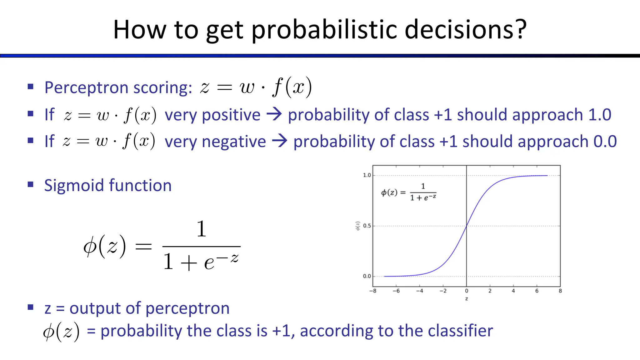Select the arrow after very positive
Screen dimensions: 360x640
pyautogui.click(x=274, y=114)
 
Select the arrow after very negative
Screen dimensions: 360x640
pyautogui.click(x=279, y=141)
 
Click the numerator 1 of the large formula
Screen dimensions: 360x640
pyautogui.click(x=201, y=229)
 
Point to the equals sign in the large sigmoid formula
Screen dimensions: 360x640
pyautogui.click(x=143, y=247)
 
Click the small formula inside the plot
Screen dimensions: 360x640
pyautogui.click(x=409, y=192)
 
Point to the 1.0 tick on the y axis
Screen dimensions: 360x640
pyautogui.click(x=367, y=175)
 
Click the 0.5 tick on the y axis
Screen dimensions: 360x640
pyautogui.click(x=367, y=226)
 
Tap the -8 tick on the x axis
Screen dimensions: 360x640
pyautogui.click(x=372, y=291)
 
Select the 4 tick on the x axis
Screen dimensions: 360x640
pyautogui.click(x=513, y=291)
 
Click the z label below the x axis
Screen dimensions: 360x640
pyautogui.click(x=466, y=299)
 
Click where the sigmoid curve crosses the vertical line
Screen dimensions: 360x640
pyautogui.click(x=466, y=226)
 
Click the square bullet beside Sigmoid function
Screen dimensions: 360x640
pyautogui.click(x=30, y=184)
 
